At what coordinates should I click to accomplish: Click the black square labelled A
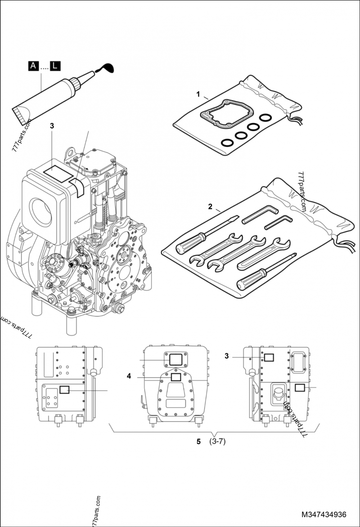[33, 67]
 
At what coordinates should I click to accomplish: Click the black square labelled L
[54, 67]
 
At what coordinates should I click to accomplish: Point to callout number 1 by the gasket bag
[198, 94]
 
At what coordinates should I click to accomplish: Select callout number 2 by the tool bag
[210, 206]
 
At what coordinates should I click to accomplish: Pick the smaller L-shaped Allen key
[279, 222]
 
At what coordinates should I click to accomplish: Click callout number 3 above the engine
[52, 126]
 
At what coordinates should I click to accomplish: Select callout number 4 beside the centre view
[129, 377]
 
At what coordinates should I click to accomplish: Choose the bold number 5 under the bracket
[198, 442]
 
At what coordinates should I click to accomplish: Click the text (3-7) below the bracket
[217, 442]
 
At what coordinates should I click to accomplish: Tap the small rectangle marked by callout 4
[176, 377]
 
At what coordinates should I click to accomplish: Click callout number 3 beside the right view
[227, 356]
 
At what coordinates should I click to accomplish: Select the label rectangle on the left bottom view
[65, 390]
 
